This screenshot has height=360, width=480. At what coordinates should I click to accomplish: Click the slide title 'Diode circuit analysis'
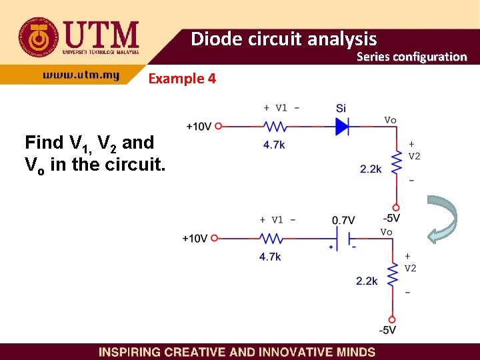pos(284,39)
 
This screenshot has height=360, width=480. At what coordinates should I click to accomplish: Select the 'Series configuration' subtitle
pos(411,57)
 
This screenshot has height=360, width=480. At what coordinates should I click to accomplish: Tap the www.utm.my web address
pos(81,75)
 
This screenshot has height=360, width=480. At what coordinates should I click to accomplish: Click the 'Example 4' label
pos(182,79)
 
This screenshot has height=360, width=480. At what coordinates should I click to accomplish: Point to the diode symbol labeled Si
pos(343,125)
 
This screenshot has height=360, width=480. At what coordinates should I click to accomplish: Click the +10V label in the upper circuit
pos(199,125)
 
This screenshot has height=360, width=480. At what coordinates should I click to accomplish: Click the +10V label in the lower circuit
pos(195,238)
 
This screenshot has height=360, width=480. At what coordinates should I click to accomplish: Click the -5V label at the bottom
pos(387,331)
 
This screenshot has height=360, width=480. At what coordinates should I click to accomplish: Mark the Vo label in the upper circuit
pos(391,120)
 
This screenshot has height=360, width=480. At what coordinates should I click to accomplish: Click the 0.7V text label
pos(343,221)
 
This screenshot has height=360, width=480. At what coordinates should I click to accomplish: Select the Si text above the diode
pos(341,108)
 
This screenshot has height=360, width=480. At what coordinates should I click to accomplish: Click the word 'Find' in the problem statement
pos(45,143)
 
